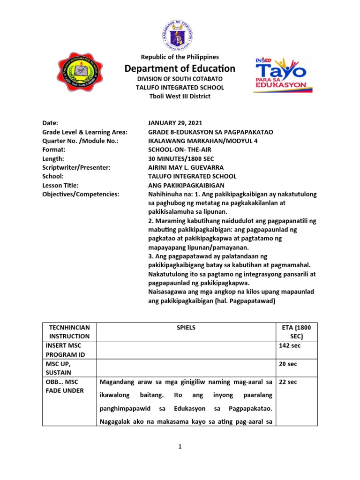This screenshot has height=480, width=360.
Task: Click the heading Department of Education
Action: click(180, 69)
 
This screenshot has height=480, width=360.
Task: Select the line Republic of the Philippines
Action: click(180, 57)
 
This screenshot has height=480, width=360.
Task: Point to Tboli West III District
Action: click(180, 96)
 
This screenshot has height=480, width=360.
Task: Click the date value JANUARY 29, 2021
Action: click(176, 123)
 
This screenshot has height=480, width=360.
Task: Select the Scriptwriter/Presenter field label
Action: click(76, 167)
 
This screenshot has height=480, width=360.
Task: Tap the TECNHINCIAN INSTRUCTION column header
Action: click(69, 331)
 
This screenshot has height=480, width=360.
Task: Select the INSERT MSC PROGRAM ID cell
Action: click(69, 350)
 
